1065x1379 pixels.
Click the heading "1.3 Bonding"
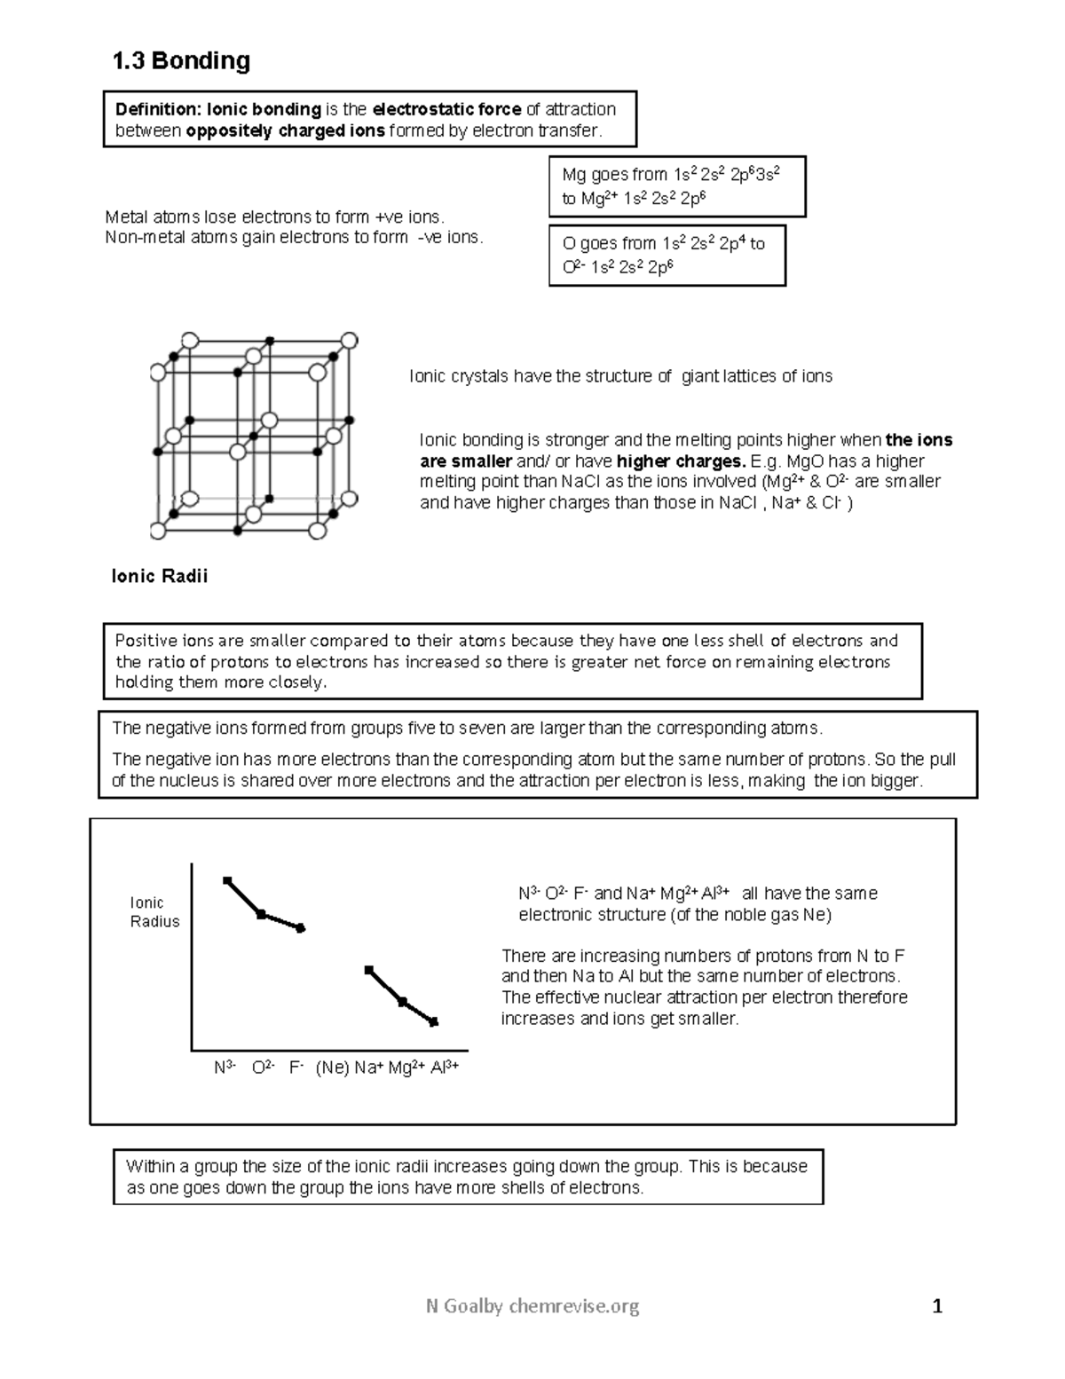pos(180,61)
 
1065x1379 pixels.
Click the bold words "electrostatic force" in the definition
pos(446,110)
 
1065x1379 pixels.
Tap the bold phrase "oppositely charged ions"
pos(285,131)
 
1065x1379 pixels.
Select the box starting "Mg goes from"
pos(678,186)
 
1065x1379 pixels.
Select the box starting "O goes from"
pos(667,255)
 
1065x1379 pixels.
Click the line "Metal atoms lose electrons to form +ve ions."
pos(273,217)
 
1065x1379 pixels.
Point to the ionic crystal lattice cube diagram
pos(254,436)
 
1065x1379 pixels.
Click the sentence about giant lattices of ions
pos(620,376)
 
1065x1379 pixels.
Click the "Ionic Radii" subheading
pos(160,577)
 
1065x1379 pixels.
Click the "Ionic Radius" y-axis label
pos(154,912)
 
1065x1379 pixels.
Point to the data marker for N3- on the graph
pos(227,880)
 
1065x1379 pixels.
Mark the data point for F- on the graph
pos(301,928)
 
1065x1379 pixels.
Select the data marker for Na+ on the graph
pos(369,970)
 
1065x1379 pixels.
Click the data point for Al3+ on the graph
pos(434,1022)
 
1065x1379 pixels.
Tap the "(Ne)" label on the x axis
pos(333,1068)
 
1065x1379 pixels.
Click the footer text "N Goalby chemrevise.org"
pos(532,1305)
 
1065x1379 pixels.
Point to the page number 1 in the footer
pos(937,1305)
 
